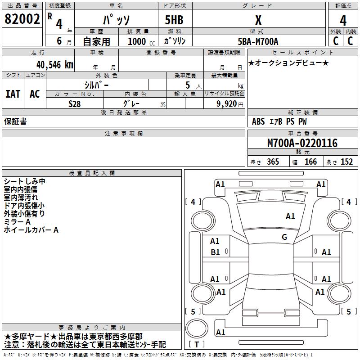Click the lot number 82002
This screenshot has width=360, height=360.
click(22, 19)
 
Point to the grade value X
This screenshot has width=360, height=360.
click(258, 20)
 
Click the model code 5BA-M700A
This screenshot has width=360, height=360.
click(258, 41)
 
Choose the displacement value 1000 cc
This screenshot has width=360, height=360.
click(140, 41)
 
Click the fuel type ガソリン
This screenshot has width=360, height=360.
click(175, 41)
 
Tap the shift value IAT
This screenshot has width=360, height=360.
click(13, 94)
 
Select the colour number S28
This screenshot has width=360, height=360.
click(75, 103)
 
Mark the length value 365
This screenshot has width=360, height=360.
click(272, 162)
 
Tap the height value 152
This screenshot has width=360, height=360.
click(346, 162)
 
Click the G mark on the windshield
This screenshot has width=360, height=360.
click(284, 237)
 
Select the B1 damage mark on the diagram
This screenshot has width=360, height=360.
click(216, 252)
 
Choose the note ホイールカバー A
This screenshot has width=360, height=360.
click(31, 230)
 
